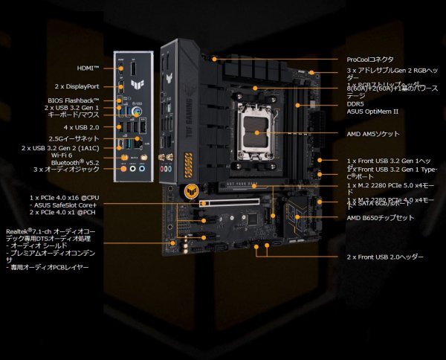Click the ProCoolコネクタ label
pos(370,60)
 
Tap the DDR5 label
pos(355,103)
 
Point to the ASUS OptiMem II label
pos(372,112)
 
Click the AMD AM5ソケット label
pos(373,134)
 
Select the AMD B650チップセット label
pos(381,217)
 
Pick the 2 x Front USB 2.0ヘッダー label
pos(385,257)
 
